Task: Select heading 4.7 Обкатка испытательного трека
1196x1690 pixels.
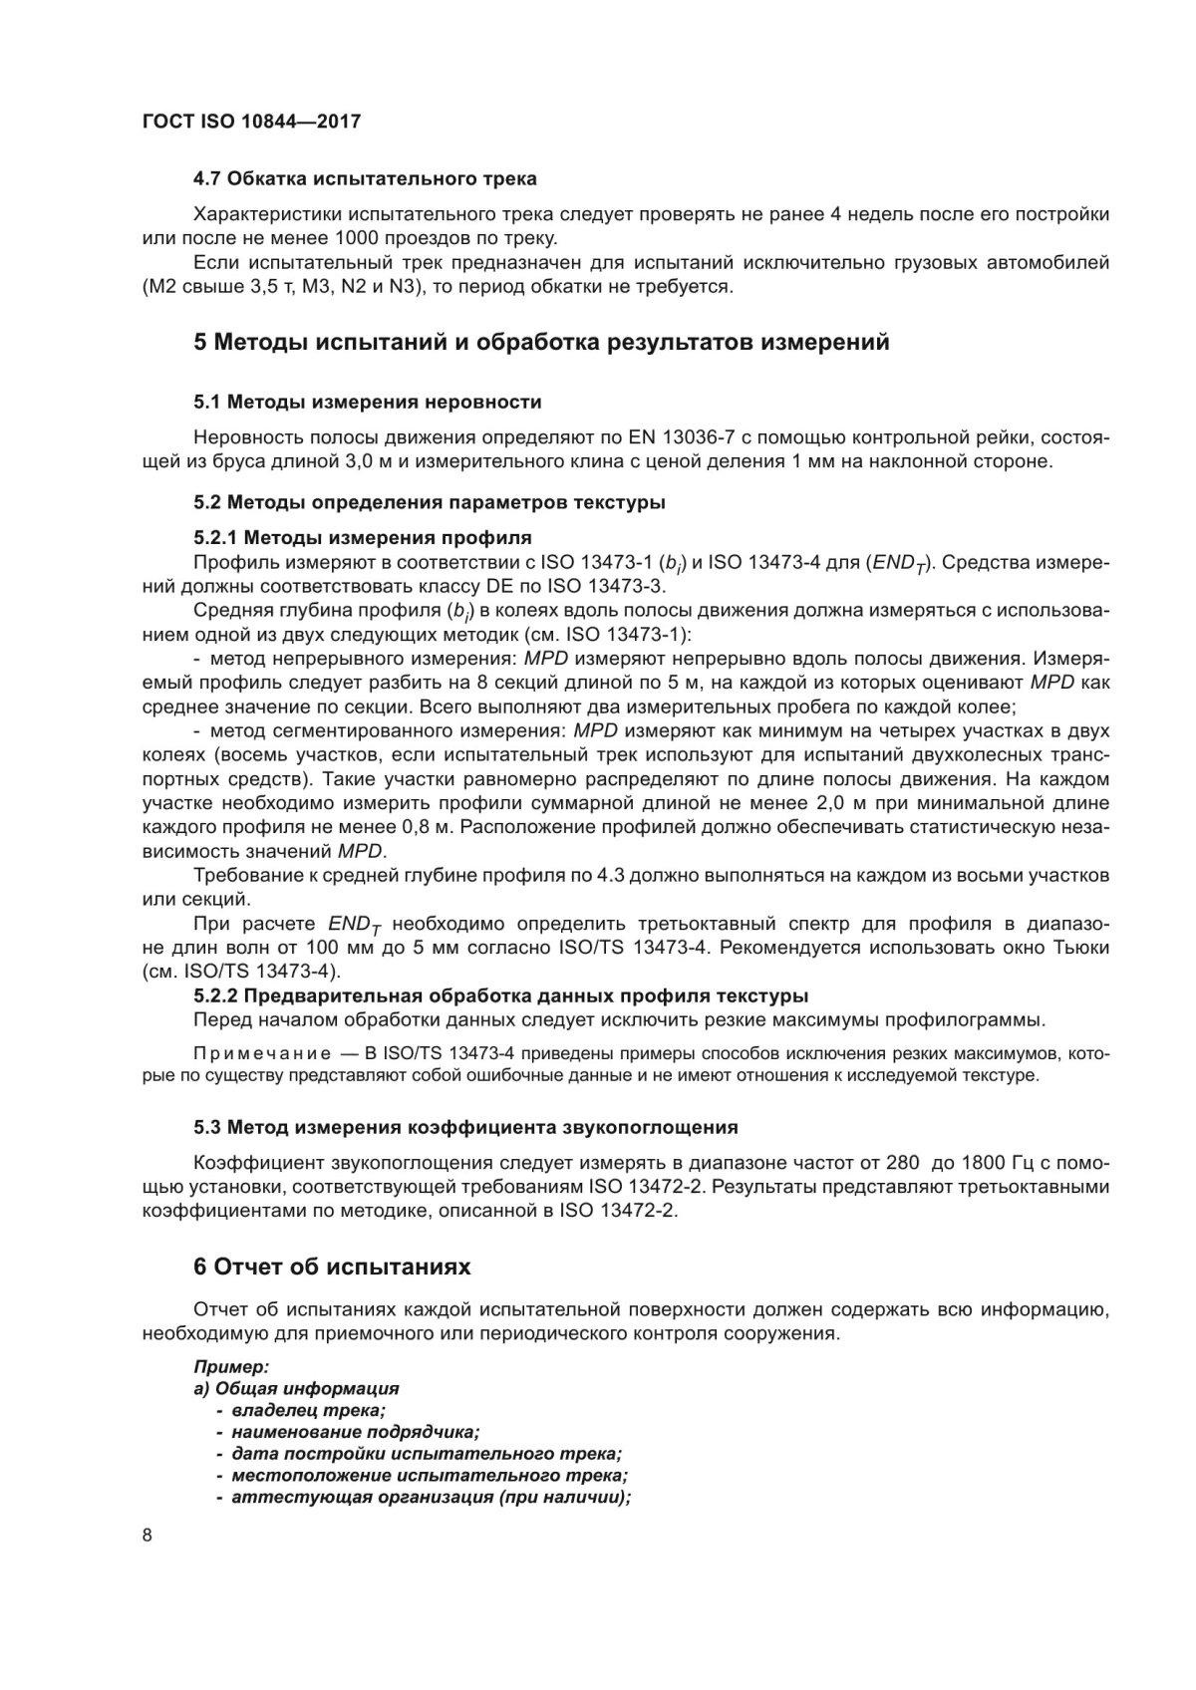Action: tap(364, 179)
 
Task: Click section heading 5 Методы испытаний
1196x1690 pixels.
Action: tap(540, 343)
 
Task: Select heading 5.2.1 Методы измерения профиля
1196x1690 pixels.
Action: tap(362, 538)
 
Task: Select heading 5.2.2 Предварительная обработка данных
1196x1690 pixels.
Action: tap(500, 995)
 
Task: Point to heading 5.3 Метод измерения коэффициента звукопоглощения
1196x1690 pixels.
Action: tap(465, 1128)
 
